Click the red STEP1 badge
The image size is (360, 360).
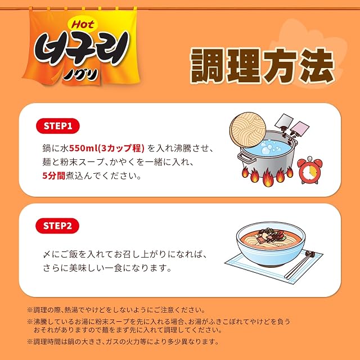(x=58, y=126)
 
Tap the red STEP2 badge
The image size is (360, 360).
(x=57, y=226)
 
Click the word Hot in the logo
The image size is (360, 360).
(x=83, y=24)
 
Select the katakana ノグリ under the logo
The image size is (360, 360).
(x=81, y=75)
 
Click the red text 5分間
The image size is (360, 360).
(x=54, y=176)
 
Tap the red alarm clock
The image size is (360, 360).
(x=310, y=170)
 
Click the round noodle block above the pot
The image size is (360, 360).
(x=247, y=130)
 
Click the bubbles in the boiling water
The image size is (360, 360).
(x=268, y=146)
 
